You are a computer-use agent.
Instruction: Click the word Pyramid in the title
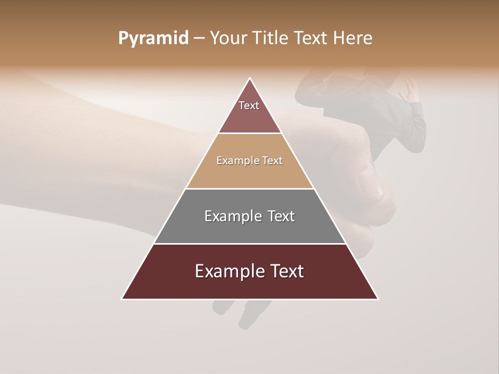(153, 38)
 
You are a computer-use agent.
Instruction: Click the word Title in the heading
(270, 38)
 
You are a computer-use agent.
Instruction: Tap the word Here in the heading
(352, 38)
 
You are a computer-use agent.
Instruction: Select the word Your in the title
(229, 38)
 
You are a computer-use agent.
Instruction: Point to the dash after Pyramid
(199, 39)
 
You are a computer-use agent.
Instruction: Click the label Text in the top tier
(249, 105)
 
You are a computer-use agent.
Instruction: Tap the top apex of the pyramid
(250, 78)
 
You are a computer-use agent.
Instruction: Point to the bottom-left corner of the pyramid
(123, 299)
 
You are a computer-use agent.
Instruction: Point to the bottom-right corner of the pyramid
(377, 299)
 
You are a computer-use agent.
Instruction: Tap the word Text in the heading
(311, 38)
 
